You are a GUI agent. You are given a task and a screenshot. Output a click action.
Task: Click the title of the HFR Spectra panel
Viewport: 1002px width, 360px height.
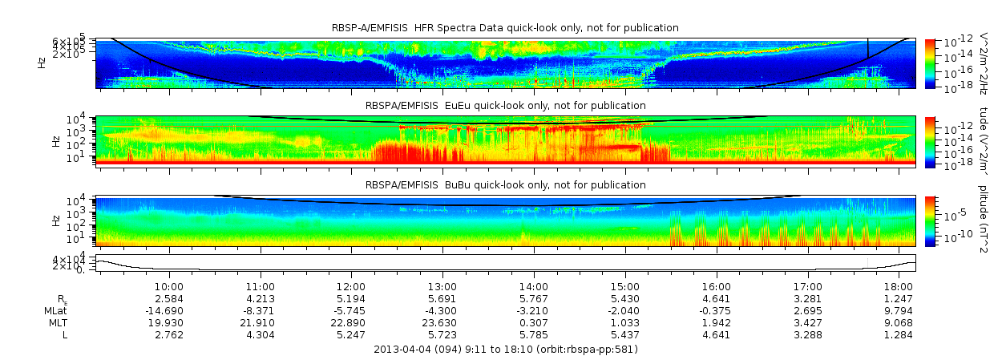(x=505, y=28)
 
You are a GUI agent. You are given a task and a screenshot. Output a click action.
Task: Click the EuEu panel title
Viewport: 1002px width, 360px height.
(x=505, y=105)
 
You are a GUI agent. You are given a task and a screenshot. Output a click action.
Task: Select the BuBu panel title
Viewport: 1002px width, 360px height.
(x=505, y=184)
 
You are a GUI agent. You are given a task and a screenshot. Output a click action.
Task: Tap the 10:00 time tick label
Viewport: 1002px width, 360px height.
(x=169, y=286)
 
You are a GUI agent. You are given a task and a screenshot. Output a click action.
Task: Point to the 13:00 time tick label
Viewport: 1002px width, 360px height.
(x=442, y=286)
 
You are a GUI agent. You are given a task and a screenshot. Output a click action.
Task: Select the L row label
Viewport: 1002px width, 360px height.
(x=65, y=334)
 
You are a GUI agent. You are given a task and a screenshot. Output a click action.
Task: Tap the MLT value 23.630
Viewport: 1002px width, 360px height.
(x=442, y=322)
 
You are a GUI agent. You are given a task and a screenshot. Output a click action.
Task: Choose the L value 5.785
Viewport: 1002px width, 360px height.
(x=534, y=334)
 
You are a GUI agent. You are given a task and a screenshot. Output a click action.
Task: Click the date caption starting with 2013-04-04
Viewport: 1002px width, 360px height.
(x=506, y=350)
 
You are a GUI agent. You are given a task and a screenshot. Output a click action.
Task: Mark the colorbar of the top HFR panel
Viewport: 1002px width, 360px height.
(x=930, y=63)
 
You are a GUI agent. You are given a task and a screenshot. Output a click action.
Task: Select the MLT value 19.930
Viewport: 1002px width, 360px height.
(x=169, y=322)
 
